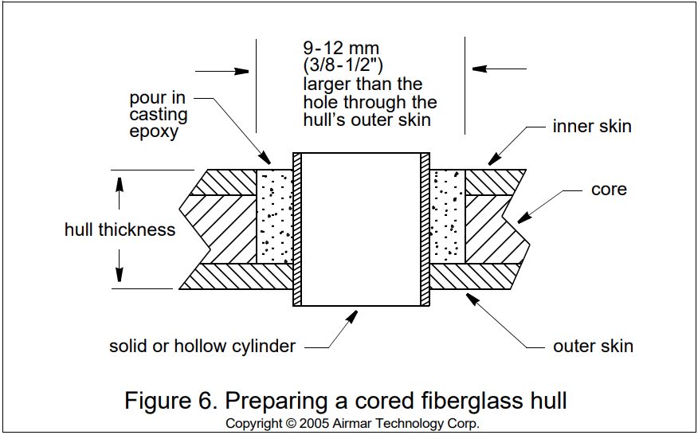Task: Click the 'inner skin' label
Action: click(592, 127)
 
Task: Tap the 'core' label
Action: click(609, 190)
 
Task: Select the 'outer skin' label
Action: click(593, 346)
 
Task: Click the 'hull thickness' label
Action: click(120, 230)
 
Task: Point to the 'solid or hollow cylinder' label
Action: click(202, 346)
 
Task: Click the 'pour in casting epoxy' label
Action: click(159, 115)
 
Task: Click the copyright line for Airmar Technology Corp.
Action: click(352, 423)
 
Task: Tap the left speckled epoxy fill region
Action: click(274, 216)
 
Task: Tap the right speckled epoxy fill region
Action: click(447, 216)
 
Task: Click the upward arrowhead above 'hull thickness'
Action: click(120, 182)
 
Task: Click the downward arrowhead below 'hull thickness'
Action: click(120, 276)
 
